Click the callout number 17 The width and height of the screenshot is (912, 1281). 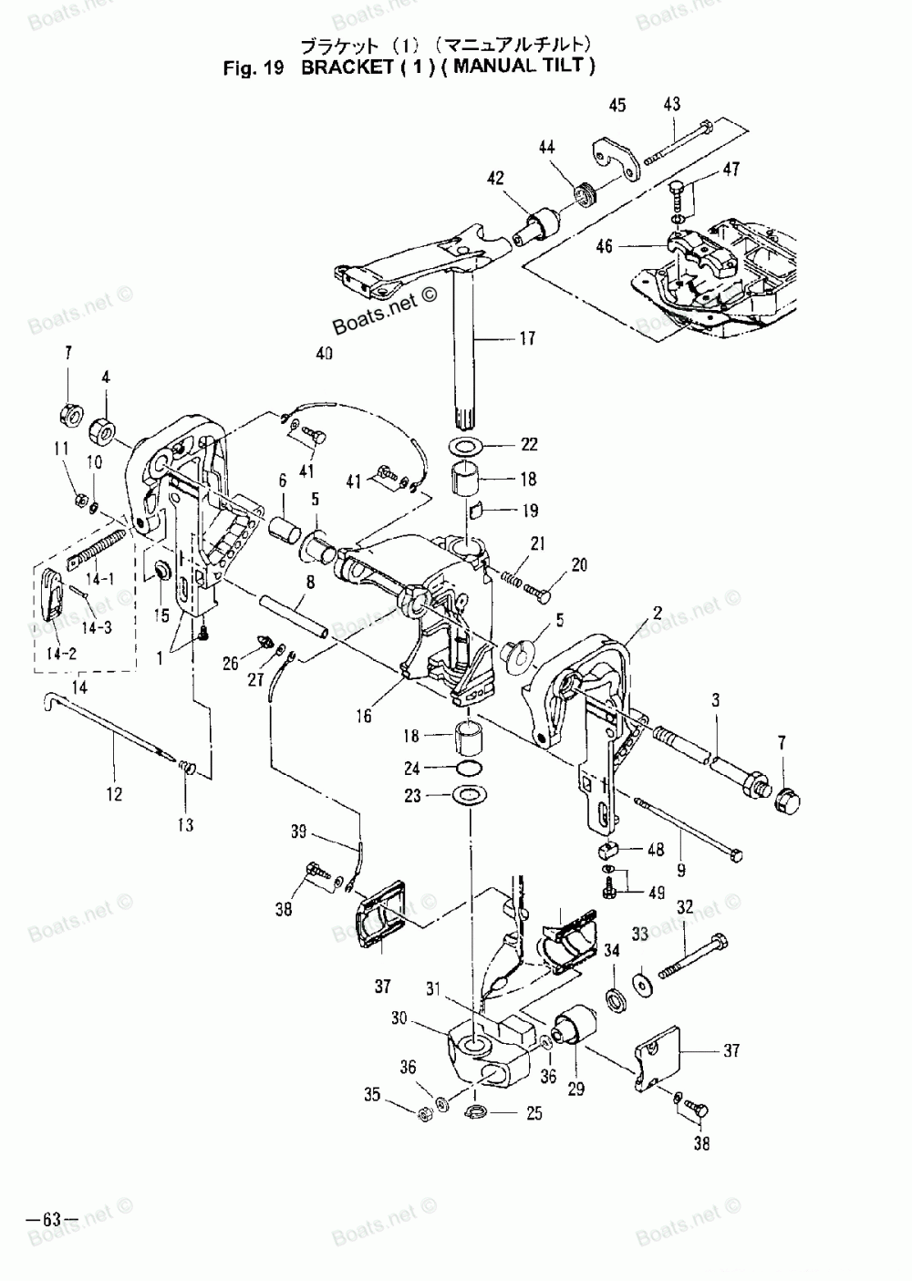[x=528, y=339]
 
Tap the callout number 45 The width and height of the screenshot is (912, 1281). [x=617, y=106]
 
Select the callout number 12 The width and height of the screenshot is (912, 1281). [x=114, y=794]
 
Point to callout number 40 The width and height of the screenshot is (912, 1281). [x=325, y=355]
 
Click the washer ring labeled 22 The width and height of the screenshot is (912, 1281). [x=467, y=447]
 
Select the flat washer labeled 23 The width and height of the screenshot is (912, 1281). [x=468, y=796]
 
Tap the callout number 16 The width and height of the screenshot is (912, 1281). [x=364, y=716]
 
